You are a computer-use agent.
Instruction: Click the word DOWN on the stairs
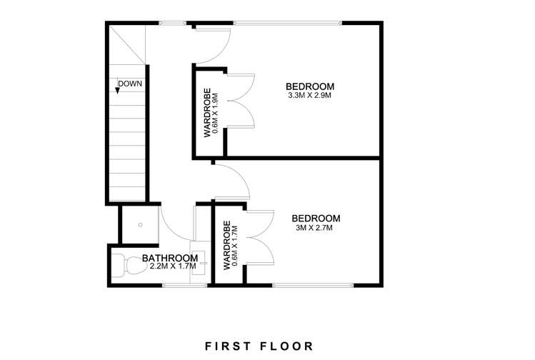pos(131,84)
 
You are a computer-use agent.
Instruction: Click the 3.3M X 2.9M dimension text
pos(309,95)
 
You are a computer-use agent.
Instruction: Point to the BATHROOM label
pos(169,258)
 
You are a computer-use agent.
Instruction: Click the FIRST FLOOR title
pos(259,326)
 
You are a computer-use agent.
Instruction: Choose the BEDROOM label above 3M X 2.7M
pos(316,218)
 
